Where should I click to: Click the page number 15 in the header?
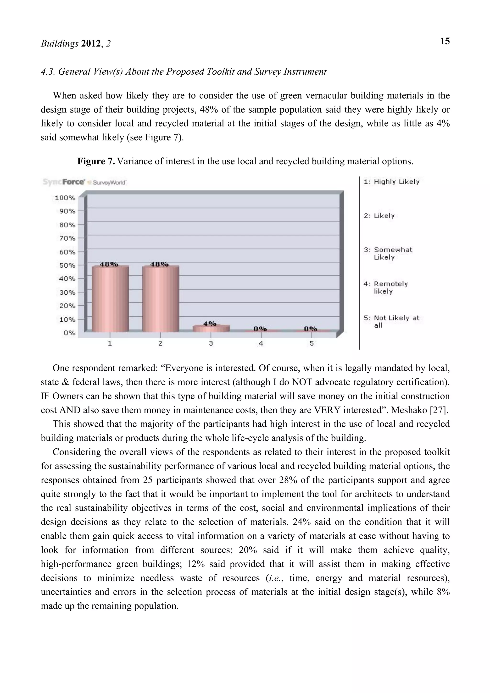445,41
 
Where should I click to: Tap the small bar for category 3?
211,328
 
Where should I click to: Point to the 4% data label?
210,324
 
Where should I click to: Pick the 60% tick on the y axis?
66,252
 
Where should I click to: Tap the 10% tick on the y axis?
66,319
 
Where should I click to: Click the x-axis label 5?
312,343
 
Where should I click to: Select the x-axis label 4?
261,343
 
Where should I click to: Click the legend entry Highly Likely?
392,182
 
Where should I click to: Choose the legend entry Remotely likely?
386,287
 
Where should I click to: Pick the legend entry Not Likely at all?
392,321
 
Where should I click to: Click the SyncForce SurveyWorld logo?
84,182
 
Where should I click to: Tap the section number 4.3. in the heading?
48,72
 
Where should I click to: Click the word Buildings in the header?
60,44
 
